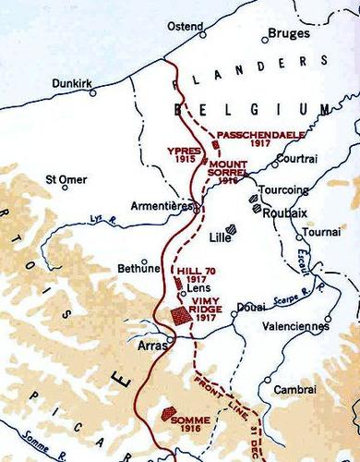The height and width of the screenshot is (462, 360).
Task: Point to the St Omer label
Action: (64, 180)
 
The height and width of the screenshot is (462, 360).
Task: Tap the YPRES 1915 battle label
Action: (185, 152)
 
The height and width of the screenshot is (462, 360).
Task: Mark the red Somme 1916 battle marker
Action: (170, 415)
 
